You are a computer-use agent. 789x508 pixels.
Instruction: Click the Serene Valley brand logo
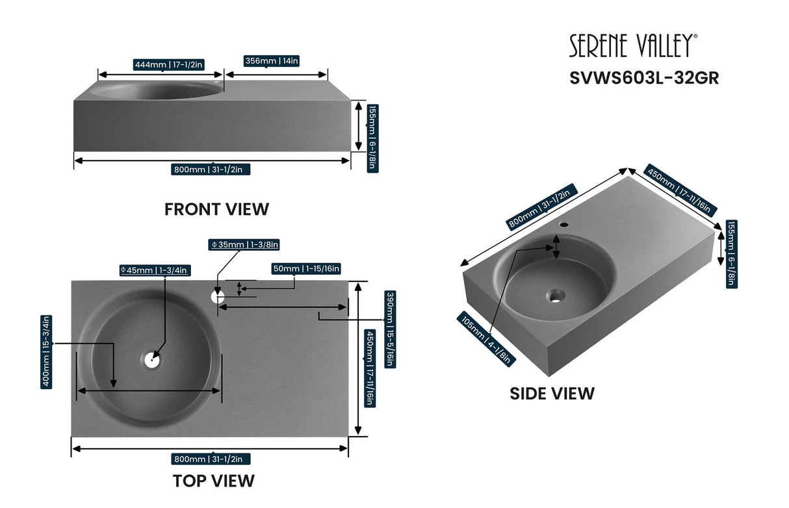tap(634, 46)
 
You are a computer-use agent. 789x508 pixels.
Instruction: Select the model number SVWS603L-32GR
tap(644, 78)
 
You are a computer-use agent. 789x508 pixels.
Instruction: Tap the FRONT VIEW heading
tap(216, 209)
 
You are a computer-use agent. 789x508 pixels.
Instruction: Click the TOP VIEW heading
tap(214, 481)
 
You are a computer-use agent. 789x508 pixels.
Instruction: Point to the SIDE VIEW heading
tap(552, 394)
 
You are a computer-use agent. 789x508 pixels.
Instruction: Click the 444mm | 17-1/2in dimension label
tap(169, 64)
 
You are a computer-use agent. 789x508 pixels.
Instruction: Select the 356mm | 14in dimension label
tap(272, 61)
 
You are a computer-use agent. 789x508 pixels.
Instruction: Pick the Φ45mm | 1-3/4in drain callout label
tap(154, 270)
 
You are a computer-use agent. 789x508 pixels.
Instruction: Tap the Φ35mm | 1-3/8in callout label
tap(244, 245)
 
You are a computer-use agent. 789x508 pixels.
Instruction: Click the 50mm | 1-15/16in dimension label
tap(306, 269)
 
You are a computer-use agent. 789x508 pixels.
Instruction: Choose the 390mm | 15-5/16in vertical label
tap(389, 329)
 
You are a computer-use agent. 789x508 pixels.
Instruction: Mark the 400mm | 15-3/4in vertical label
tap(46, 351)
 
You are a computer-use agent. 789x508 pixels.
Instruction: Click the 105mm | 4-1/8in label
tap(487, 340)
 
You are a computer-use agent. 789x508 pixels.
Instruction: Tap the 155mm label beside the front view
tap(372, 138)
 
